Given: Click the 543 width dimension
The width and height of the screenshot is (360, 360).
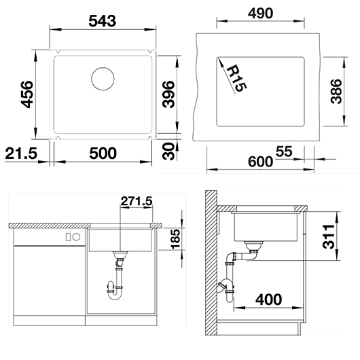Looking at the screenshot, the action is point(103,21).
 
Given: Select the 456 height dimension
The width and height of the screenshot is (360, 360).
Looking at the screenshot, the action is point(27,94).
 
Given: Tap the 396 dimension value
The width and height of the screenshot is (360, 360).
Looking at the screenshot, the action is point(168,94).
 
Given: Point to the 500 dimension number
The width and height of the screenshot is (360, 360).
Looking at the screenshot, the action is point(103,153).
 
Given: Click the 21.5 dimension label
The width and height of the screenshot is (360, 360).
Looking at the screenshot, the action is point(21,153).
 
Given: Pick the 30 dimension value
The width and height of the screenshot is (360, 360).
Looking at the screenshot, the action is point(168,151).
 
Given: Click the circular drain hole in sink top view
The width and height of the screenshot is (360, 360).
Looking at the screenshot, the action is point(103,79).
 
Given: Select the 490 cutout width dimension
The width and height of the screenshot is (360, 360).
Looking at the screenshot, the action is point(261,14).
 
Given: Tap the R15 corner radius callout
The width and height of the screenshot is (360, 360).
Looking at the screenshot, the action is point(236,79).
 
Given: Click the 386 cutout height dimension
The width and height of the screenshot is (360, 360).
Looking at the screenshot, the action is point(336,92).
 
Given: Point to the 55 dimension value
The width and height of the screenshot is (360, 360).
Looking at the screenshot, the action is point(284,151).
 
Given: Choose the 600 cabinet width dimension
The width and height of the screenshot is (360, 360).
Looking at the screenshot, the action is point(261,162).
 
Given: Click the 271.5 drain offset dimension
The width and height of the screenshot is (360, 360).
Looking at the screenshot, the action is point(137,201).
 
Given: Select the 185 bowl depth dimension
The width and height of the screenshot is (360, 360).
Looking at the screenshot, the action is point(176,239).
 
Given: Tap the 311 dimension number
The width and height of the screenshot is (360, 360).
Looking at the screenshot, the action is point(329,236).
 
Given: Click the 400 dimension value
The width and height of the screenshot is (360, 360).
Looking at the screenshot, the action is point(268,300).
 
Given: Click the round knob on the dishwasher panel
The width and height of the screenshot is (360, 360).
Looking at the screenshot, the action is point(77,236).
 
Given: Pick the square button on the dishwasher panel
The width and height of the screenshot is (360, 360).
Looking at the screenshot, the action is point(68,236).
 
